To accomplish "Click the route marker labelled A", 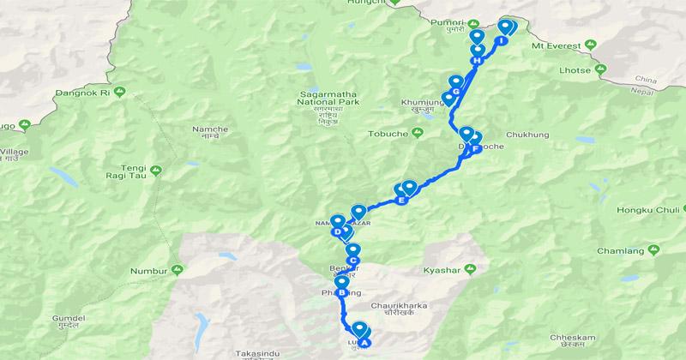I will (x=364, y=344).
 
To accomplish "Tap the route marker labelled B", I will (x=342, y=293).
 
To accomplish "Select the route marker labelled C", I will (x=352, y=261).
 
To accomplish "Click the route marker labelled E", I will (x=400, y=201).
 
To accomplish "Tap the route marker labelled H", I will (x=477, y=60).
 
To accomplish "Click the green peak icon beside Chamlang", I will (x=657, y=249).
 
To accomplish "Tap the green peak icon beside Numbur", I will (x=178, y=270).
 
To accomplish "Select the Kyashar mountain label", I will (x=442, y=270).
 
